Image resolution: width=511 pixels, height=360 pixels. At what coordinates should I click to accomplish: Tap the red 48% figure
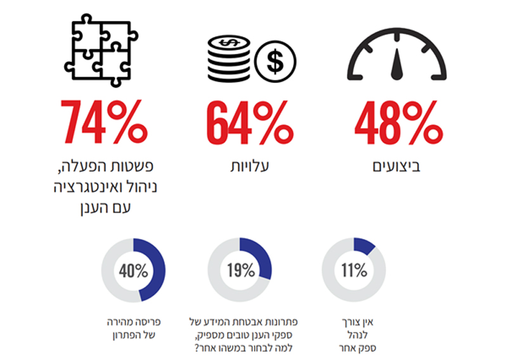coord(397,122)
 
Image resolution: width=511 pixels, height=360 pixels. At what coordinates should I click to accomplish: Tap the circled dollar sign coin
coord(275,61)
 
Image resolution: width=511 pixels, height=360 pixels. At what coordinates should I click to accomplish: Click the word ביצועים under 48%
coord(398,167)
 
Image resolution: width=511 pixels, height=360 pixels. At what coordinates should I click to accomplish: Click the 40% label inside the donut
coord(133,271)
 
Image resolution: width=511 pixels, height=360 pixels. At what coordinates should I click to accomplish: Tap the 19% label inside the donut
coord(240,271)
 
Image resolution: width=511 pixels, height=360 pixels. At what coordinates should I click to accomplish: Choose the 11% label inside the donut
coord(353,271)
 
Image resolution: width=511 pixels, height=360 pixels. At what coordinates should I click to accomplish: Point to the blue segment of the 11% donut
coord(365,244)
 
